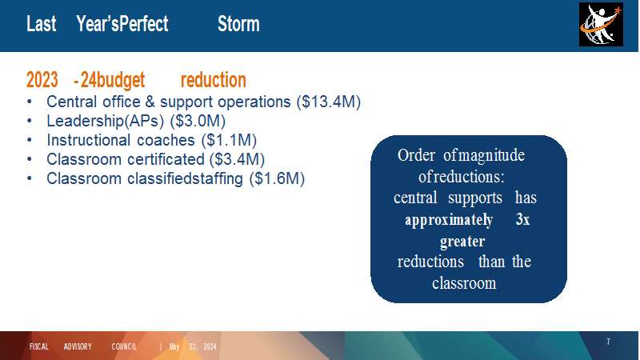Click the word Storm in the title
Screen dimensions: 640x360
(238, 24)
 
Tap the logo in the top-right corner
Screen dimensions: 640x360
(601, 25)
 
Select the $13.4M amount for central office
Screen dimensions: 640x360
(329, 102)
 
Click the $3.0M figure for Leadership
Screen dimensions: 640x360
(198, 121)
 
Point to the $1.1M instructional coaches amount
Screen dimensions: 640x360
(229, 140)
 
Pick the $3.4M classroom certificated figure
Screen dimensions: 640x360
(237, 159)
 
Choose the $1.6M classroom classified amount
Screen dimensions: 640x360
(277, 178)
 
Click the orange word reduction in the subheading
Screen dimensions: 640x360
(214, 80)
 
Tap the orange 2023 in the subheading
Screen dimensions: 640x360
(42, 80)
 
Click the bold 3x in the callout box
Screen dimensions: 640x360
(523, 219)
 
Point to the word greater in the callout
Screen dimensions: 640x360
(462, 242)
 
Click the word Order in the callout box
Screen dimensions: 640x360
(416, 155)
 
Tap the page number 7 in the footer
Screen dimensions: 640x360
(608, 342)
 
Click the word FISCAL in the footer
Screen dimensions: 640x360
(39, 346)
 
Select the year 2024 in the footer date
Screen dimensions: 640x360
(210, 347)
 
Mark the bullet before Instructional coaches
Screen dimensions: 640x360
(30, 140)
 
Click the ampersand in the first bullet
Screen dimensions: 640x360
(150, 102)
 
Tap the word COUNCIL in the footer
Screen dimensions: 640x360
(124, 346)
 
